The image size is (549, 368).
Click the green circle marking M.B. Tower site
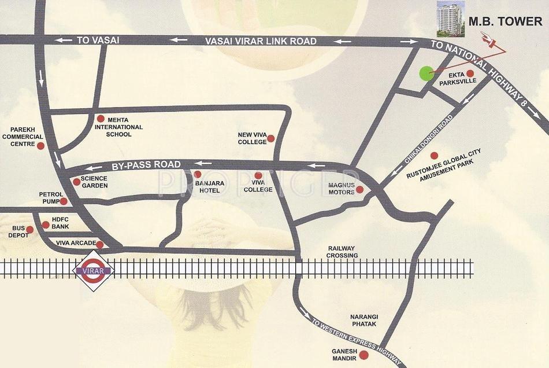[425, 73]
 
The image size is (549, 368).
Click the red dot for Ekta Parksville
[470, 73]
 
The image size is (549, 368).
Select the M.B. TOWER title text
[505, 22]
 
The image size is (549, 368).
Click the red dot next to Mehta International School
[101, 117]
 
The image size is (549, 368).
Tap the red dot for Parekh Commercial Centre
[40, 146]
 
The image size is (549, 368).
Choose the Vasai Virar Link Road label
[261, 41]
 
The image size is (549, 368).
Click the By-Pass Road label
[146, 165]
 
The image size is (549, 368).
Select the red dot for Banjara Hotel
[198, 174]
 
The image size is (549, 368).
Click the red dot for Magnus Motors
[359, 189]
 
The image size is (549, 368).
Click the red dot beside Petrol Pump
[64, 201]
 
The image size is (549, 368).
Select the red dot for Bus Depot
[30, 230]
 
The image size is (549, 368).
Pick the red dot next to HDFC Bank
[46, 225]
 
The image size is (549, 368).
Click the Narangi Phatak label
[363, 321]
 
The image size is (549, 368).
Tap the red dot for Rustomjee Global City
[434, 156]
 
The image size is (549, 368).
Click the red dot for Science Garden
[76, 182]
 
